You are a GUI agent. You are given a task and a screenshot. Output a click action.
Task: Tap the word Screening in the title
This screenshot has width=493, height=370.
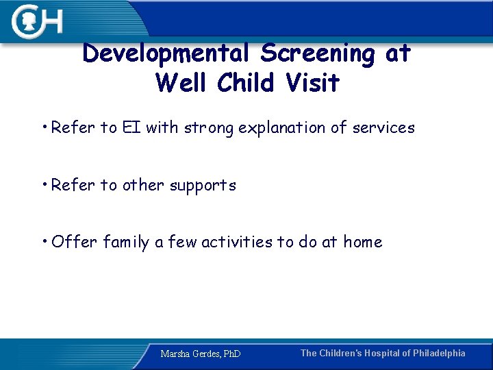[x=319, y=53]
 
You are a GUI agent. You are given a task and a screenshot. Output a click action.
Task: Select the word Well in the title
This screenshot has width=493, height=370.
[x=182, y=83]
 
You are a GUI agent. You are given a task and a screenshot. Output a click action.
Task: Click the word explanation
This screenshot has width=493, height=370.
[x=285, y=128]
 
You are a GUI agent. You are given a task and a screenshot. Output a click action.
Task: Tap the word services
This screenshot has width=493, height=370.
[x=383, y=127]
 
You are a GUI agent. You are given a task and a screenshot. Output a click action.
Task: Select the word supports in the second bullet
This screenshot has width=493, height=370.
[x=204, y=186]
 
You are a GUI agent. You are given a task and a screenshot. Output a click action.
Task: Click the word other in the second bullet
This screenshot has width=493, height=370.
[x=144, y=185]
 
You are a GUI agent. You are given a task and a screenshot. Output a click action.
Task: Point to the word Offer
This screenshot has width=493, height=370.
[x=74, y=242]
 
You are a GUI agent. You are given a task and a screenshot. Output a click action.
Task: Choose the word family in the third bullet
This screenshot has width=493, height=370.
[x=127, y=243]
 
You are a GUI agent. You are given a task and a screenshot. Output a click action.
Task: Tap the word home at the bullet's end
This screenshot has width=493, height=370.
[x=363, y=242]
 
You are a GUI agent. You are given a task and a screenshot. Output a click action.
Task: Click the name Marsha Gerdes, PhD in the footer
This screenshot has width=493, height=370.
[x=201, y=354]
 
